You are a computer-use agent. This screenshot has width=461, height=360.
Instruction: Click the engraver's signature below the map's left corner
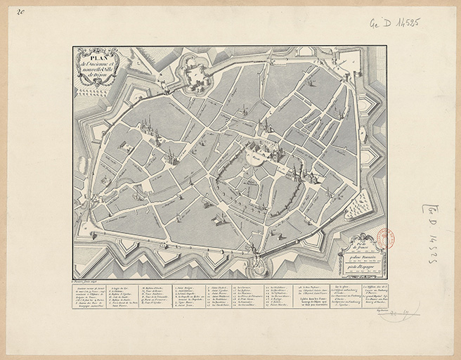[x=89, y=281]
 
